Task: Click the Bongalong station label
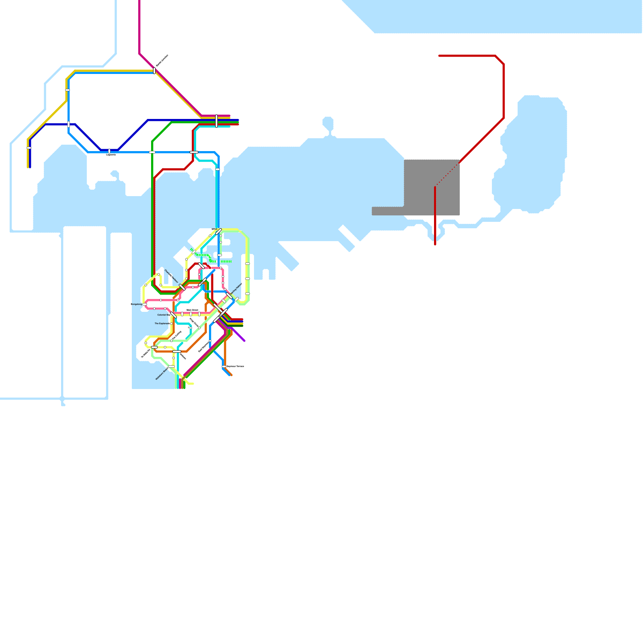tap(136, 304)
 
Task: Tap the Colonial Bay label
tap(163, 315)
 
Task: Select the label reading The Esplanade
tap(162, 324)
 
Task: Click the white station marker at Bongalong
tap(145, 304)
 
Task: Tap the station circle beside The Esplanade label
tap(171, 324)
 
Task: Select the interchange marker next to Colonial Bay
tap(173, 315)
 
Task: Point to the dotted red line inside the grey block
tap(447, 175)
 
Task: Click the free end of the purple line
tap(244, 341)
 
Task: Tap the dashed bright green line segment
tap(226, 262)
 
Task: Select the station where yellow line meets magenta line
tap(154, 71)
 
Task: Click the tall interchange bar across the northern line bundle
tap(217, 121)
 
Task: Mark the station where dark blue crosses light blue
tap(69, 124)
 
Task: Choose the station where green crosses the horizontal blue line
tap(152, 152)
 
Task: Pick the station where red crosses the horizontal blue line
tap(194, 152)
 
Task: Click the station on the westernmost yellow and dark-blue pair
tap(29, 148)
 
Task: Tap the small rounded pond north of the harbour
tap(328, 123)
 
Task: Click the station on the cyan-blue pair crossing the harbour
tap(217, 169)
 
